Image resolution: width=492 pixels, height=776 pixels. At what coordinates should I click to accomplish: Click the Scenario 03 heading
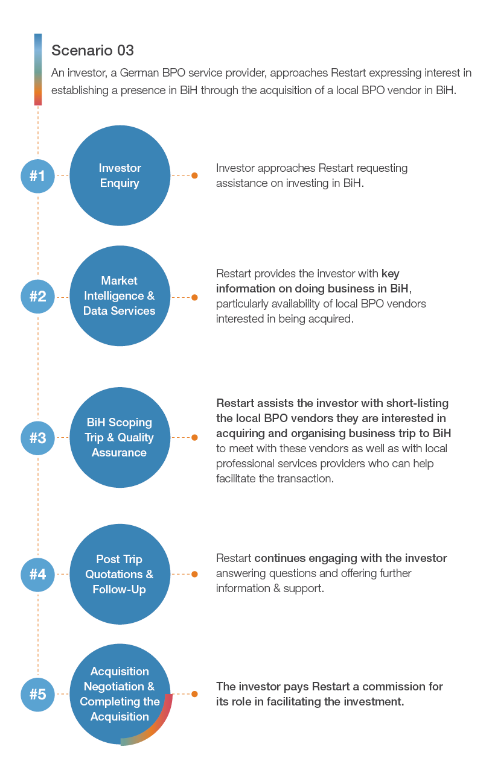point(92,51)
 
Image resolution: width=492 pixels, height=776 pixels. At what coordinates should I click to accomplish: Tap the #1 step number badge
point(38,176)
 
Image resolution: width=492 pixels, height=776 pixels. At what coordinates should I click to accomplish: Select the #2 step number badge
point(38,297)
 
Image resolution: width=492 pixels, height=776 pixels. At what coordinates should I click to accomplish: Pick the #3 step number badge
point(38,438)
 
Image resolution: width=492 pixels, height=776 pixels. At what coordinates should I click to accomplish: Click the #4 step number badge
point(38,575)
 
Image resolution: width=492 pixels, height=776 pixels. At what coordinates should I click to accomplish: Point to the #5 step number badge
point(38,694)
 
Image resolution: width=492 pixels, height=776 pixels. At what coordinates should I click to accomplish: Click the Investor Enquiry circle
point(120,175)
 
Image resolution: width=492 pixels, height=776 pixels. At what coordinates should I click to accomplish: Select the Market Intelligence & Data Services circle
point(120,296)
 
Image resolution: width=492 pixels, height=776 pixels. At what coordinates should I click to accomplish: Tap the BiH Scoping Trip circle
point(120,437)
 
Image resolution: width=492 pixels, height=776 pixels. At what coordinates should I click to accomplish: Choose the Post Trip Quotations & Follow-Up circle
point(120,574)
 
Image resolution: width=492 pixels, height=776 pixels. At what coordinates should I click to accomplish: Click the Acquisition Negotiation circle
point(120,694)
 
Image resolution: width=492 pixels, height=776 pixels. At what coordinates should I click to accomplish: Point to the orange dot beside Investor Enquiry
point(194,175)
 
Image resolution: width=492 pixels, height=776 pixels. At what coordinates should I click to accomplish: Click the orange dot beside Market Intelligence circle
point(194,297)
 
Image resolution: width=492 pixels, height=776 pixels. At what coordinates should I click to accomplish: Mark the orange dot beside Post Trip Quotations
point(194,574)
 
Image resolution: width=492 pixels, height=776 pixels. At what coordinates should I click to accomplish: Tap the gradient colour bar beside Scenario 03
point(38,69)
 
